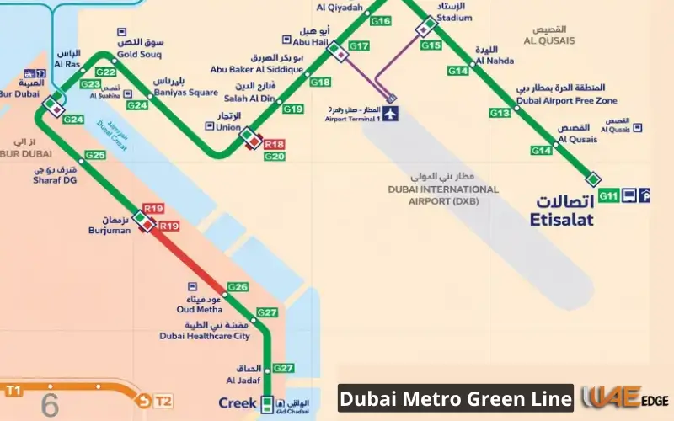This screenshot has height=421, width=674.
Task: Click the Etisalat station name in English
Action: [x=561, y=220]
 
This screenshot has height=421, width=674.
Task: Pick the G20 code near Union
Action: [x=274, y=157]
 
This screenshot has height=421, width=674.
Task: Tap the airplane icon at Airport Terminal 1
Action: [x=391, y=114]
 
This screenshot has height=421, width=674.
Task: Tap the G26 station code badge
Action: [x=238, y=287]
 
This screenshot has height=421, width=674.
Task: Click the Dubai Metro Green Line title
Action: [x=456, y=397]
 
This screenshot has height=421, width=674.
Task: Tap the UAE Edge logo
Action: [x=620, y=397]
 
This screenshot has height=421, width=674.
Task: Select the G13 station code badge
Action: [x=500, y=113]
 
